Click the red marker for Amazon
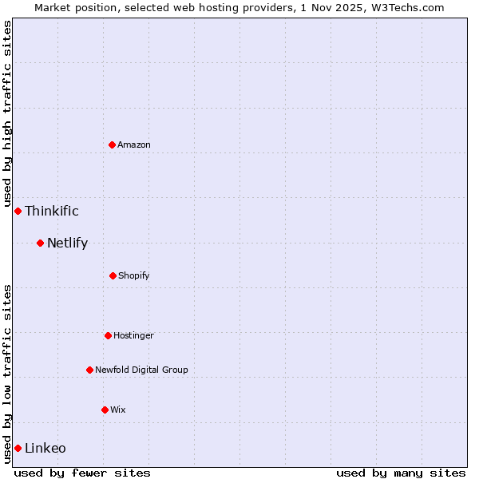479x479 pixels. [x=112, y=144]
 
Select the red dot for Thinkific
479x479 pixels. [x=18, y=211]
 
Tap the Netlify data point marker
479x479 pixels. [x=40, y=243]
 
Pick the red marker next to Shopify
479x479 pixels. [x=113, y=275]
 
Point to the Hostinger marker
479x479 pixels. [x=108, y=335]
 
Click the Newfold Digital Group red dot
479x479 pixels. [x=89, y=370]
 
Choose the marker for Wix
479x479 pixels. [x=105, y=410]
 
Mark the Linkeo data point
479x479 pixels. [x=18, y=448]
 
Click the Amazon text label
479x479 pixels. [x=134, y=144]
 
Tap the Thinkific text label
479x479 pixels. [x=52, y=211]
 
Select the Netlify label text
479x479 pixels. [x=67, y=243]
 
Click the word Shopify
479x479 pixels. [x=134, y=275]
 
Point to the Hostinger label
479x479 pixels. [x=133, y=335]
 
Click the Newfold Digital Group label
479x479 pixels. [x=141, y=370]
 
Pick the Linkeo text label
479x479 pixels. [x=46, y=448]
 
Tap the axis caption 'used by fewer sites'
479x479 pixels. [x=82, y=473]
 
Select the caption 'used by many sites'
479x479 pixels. [x=401, y=473]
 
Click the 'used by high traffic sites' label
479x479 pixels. [x=7, y=113]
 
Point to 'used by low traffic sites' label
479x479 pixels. [x=7, y=373]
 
